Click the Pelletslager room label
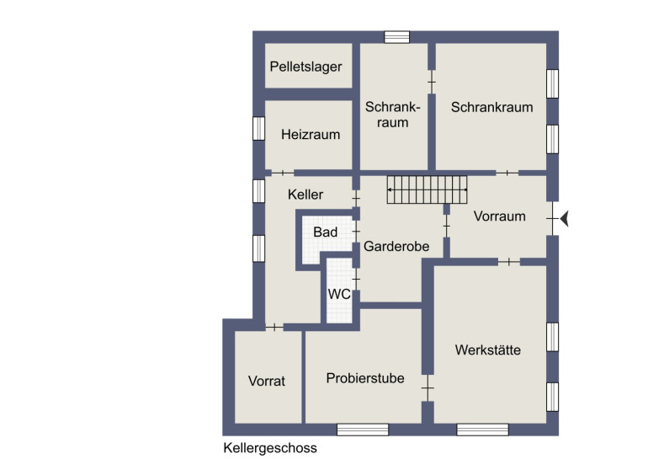[305, 67]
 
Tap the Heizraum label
[311, 135]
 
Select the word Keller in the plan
[305, 195]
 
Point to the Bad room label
[325, 232]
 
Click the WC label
[339, 294]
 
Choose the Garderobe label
[396, 247]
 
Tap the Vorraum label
[499, 216]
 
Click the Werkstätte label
[487, 350]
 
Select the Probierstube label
[365, 378]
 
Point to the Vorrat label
[267, 381]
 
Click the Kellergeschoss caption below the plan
[270, 448]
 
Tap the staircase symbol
[427, 189]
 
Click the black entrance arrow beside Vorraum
[564, 218]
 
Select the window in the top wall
[396, 37]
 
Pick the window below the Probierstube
[363, 430]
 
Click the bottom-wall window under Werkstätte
[482, 430]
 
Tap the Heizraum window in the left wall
[258, 129]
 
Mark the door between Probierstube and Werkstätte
[428, 388]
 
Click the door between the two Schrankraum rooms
[432, 82]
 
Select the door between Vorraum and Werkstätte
[509, 262]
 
